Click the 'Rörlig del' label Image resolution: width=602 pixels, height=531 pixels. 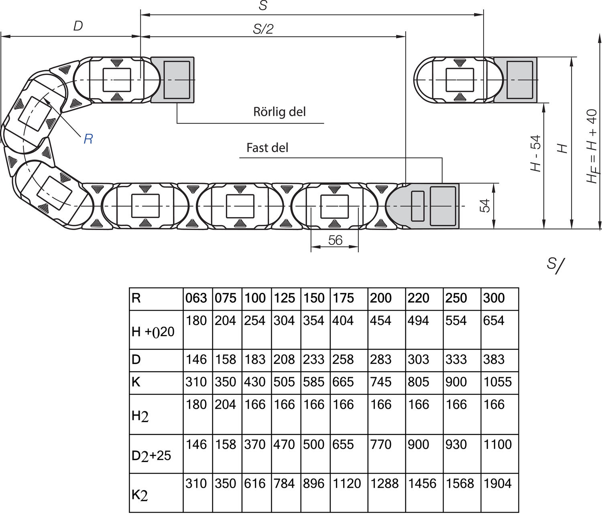point(279,112)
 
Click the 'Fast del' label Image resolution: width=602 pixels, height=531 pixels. point(267,148)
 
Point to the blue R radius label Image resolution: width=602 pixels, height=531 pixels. point(88,139)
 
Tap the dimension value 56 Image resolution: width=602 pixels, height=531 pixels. point(335,240)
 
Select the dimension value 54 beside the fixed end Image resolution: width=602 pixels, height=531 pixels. point(485,206)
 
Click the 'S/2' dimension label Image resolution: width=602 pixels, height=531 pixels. point(263,29)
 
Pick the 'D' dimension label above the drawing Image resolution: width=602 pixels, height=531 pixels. point(78,26)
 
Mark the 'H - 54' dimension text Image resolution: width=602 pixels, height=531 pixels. point(536,154)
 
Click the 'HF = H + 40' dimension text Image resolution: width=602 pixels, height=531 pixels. point(592,146)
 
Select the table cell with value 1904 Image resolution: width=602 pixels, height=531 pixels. point(498,484)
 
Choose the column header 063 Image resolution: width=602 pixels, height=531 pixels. point(196,298)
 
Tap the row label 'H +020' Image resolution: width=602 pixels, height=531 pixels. point(153,332)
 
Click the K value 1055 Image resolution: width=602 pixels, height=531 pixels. point(498,382)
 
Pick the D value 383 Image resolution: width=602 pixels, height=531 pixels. point(494,359)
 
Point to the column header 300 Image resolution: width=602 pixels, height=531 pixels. point(494,298)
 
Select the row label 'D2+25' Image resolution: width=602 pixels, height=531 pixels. point(151,456)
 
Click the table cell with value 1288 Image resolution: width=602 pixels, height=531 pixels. point(384,484)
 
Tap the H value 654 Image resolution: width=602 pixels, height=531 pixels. point(494,321)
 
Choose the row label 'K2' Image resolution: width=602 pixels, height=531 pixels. point(140,496)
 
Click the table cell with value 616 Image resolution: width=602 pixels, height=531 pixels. point(255,484)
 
